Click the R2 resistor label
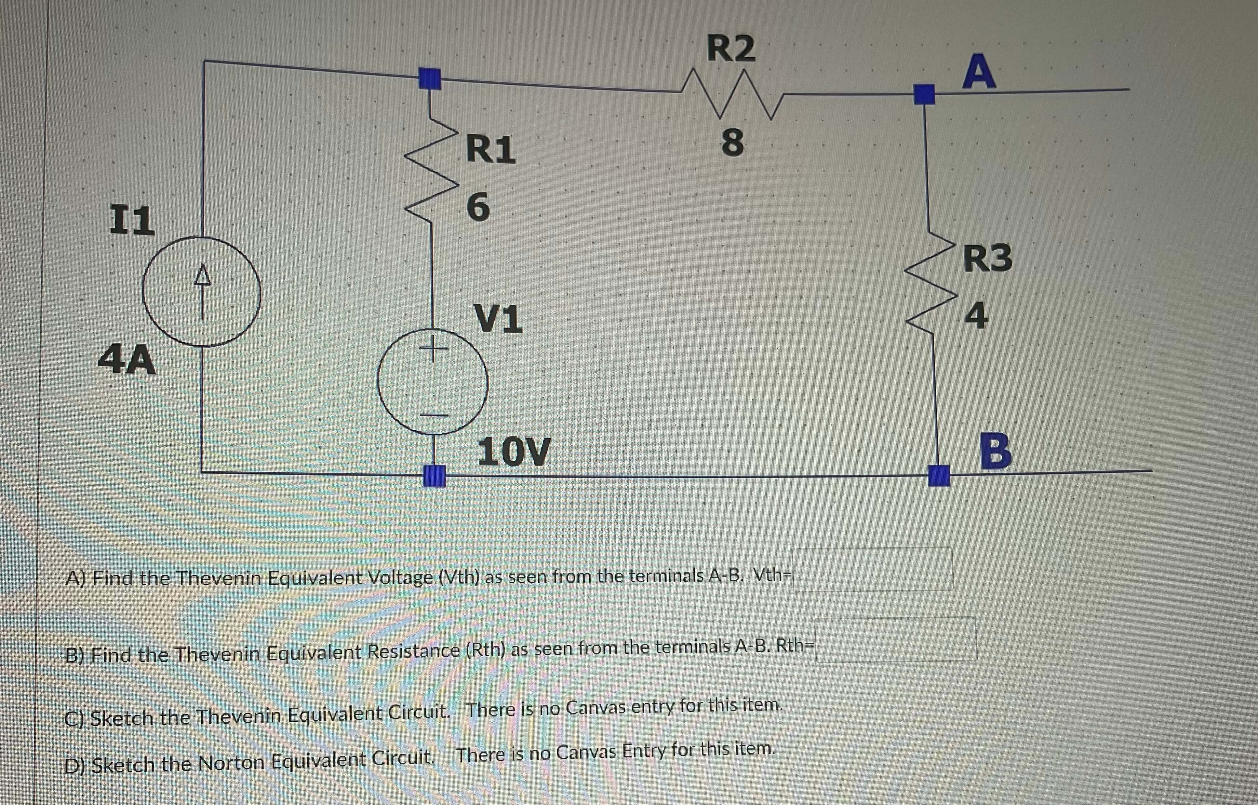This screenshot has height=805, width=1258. (x=731, y=48)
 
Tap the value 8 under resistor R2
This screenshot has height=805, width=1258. (x=732, y=143)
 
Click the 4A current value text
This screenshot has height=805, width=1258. (x=127, y=360)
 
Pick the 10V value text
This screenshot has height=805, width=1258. (x=514, y=451)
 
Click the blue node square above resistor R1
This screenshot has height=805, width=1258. (x=430, y=79)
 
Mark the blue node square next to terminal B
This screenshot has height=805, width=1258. (x=939, y=475)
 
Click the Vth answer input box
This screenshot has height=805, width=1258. (x=873, y=569)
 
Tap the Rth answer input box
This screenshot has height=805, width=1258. (x=896, y=640)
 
